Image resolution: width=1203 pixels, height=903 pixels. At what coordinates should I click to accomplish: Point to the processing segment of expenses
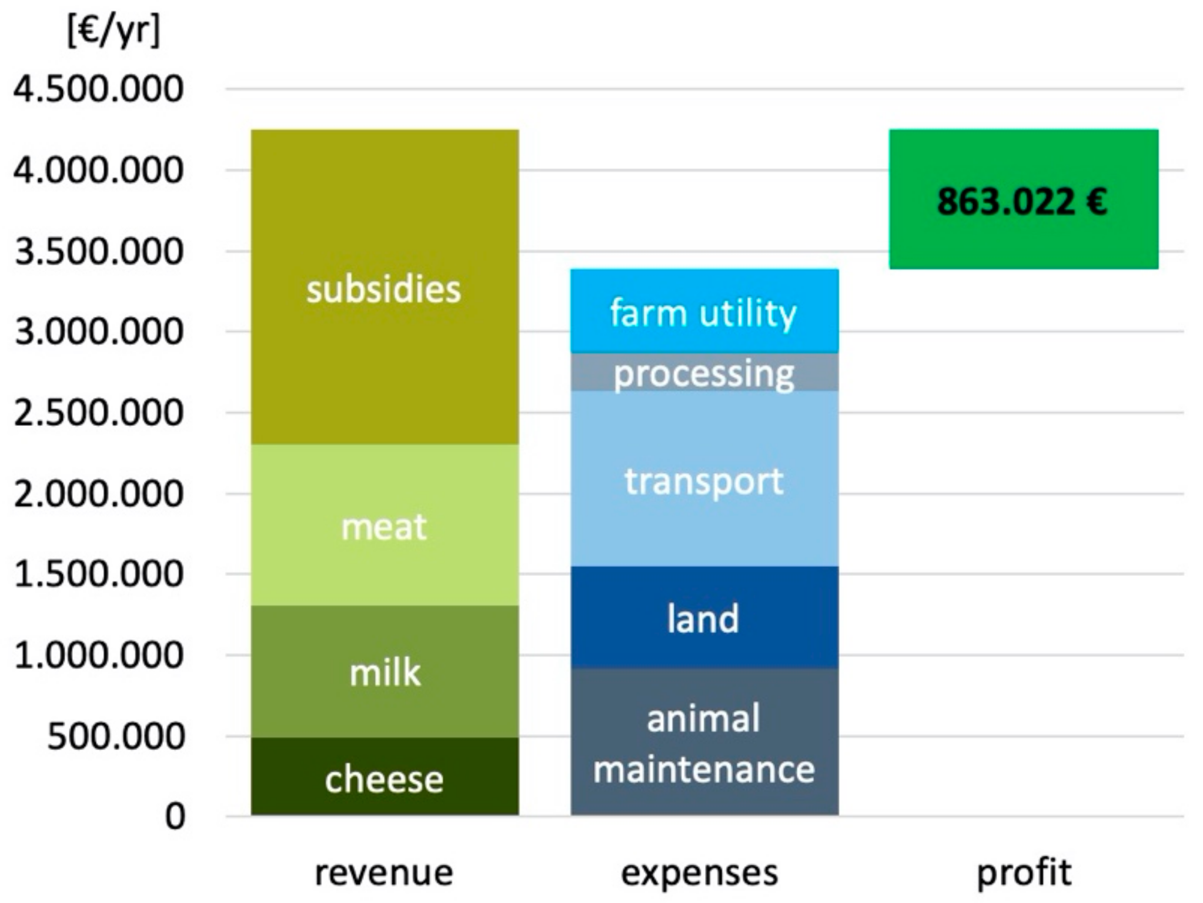[704, 372]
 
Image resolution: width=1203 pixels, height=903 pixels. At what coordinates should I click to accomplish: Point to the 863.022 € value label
[1022, 202]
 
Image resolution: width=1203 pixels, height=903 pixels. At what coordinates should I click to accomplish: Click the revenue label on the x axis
[384, 872]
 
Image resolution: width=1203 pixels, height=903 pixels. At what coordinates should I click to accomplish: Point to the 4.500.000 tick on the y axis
[99, 89]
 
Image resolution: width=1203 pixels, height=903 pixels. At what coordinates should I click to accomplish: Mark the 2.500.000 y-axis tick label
[99, 413]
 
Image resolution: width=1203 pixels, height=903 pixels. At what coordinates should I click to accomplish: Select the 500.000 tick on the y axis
[116, 736]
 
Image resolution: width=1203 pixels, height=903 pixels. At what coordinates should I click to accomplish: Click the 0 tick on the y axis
[175, 817]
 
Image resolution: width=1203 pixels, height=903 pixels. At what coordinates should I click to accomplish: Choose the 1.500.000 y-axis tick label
[99, 574]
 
